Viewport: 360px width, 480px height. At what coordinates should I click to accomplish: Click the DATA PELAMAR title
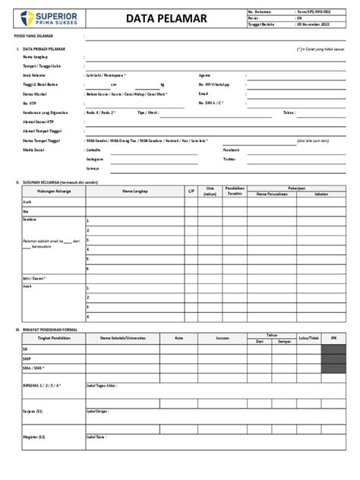[159, 18]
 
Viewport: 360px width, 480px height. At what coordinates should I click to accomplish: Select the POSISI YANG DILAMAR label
[35, 36]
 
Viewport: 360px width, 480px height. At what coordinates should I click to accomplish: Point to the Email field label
[203, 93]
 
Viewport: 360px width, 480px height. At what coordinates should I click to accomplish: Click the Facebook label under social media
[209, 150]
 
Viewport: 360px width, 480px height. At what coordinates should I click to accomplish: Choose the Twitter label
[207, 159]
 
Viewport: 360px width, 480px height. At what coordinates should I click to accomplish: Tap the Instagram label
[96, 159]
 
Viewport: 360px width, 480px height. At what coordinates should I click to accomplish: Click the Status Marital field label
[35, 93]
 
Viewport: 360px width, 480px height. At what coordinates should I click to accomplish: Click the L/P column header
[192, 191]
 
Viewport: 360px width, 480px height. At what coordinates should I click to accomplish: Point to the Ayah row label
[27, 201]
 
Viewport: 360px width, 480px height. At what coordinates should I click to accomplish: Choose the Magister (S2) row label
[34, 437]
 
